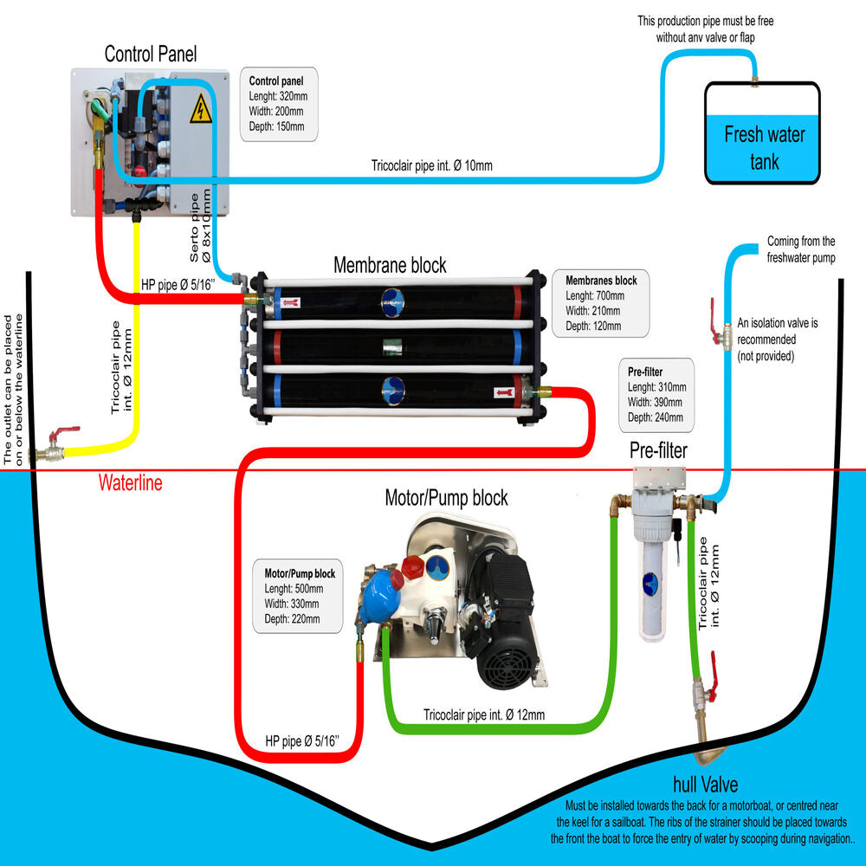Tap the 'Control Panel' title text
point(151,54)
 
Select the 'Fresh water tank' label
point(764,147)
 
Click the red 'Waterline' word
point(130,483)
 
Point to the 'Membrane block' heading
point(390,264)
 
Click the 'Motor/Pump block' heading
point(446,498)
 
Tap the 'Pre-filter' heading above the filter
point(658,450)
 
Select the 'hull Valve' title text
point(705,785)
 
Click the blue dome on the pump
point(376,598)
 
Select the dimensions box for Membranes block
point(601,303)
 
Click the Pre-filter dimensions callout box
point(657,394)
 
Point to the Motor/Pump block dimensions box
point(299,596)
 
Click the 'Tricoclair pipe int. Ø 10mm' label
point(431,165)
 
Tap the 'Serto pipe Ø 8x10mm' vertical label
point(200,227)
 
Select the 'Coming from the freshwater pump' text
point(801,249)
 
